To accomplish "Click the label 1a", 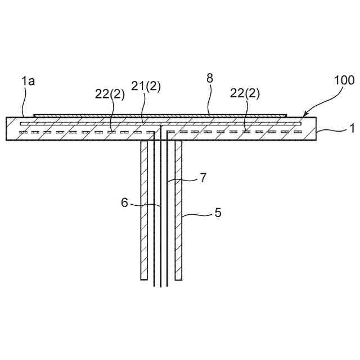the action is tap(28, 82).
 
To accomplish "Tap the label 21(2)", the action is tap(146, 86).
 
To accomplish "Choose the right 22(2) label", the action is tap(245, 94).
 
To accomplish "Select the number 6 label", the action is tap(125, 202).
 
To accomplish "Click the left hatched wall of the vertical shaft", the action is tap(144, 214).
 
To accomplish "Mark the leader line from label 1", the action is tap(332, 130).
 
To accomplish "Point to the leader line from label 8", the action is tap(209, 101).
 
